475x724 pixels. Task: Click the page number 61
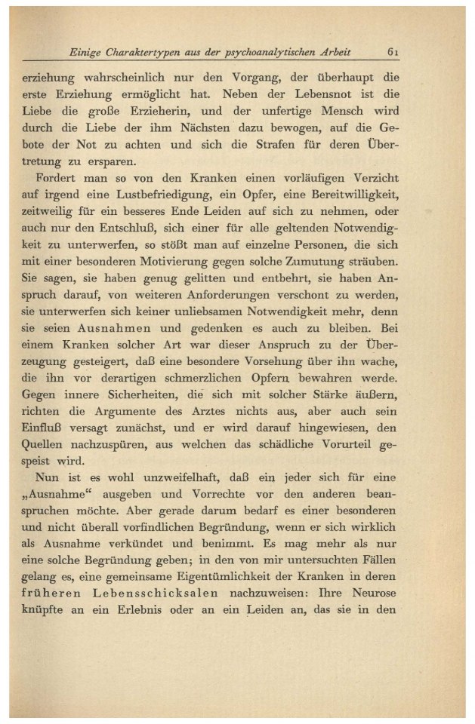[x=393, y=52]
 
